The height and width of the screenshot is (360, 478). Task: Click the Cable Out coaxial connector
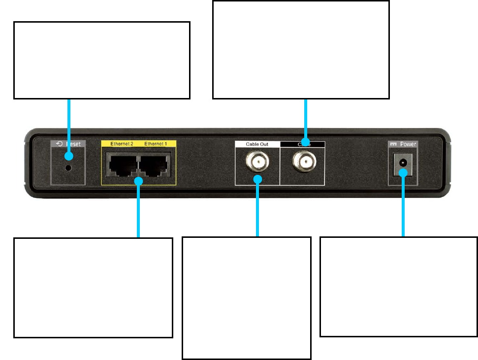(257, 161)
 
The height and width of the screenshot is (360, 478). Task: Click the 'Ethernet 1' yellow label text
(156, 144)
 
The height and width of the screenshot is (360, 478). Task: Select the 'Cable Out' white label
(256, 144)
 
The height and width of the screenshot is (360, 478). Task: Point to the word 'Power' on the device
(408, 144)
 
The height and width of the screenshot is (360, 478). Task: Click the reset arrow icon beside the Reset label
(59, 144)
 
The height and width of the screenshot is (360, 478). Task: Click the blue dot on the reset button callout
(69, 157)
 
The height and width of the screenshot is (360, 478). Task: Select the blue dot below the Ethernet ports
(139, 181)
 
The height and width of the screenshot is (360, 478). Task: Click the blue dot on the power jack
(403, 172)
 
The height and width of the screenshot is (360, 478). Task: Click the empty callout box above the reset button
(101, 60)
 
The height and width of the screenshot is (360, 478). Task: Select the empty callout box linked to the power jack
(398, 287)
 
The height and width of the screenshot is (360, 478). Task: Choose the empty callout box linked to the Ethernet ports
(93, 288)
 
